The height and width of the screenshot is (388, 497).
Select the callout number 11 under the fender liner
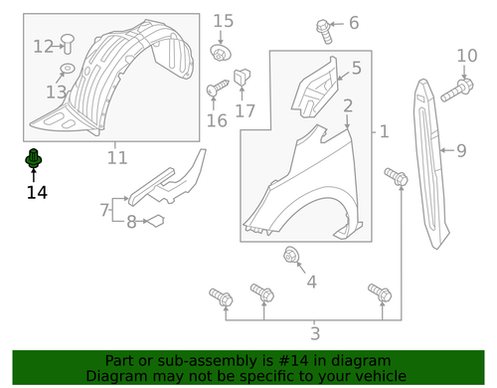point(117,157)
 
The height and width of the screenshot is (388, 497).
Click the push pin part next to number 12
point(68,42)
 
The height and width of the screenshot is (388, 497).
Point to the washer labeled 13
point(67,69)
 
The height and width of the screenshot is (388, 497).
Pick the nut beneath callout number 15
point(219,51)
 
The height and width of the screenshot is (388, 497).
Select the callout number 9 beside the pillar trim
point(460,151)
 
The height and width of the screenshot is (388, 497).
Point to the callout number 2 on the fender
point(348,105)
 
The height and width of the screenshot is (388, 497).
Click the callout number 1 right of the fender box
point(385,131)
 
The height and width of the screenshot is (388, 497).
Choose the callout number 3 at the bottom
point(315,333)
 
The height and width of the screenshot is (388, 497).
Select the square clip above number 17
point(243,76)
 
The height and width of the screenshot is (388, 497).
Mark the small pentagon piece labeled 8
point(154,222)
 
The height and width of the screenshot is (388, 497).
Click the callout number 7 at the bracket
point(104,210)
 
